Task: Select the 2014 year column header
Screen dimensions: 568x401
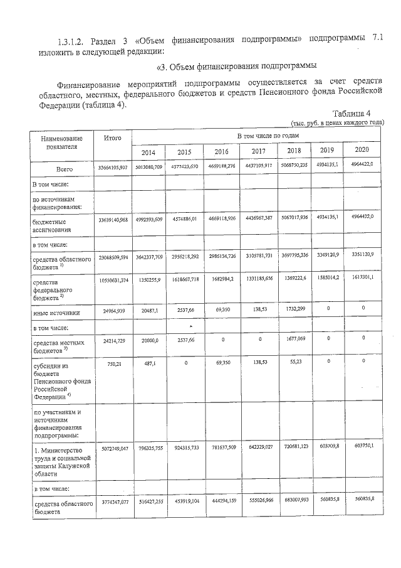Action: pyautogui.click(x=148, y=153)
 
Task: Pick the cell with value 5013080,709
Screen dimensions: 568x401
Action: pyautogui.click(x=148, y=168)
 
